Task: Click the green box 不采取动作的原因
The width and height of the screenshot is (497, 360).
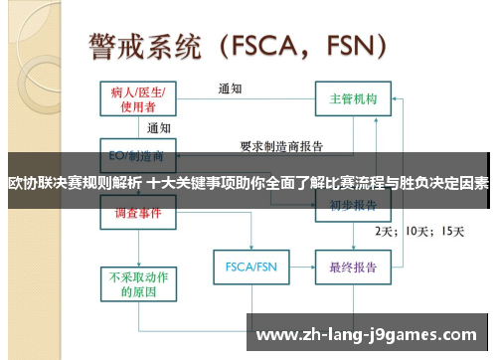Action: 137,285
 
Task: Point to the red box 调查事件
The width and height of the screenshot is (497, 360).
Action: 138,212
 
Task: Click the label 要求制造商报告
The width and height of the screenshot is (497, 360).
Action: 281,146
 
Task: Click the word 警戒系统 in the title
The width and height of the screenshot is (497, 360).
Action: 148,45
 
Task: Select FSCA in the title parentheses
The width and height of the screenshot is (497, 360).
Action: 267,45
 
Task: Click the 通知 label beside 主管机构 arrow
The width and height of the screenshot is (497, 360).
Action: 231,88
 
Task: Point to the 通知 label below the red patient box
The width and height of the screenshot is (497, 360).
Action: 159,128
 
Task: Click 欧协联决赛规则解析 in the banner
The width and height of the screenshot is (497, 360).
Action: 74,183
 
